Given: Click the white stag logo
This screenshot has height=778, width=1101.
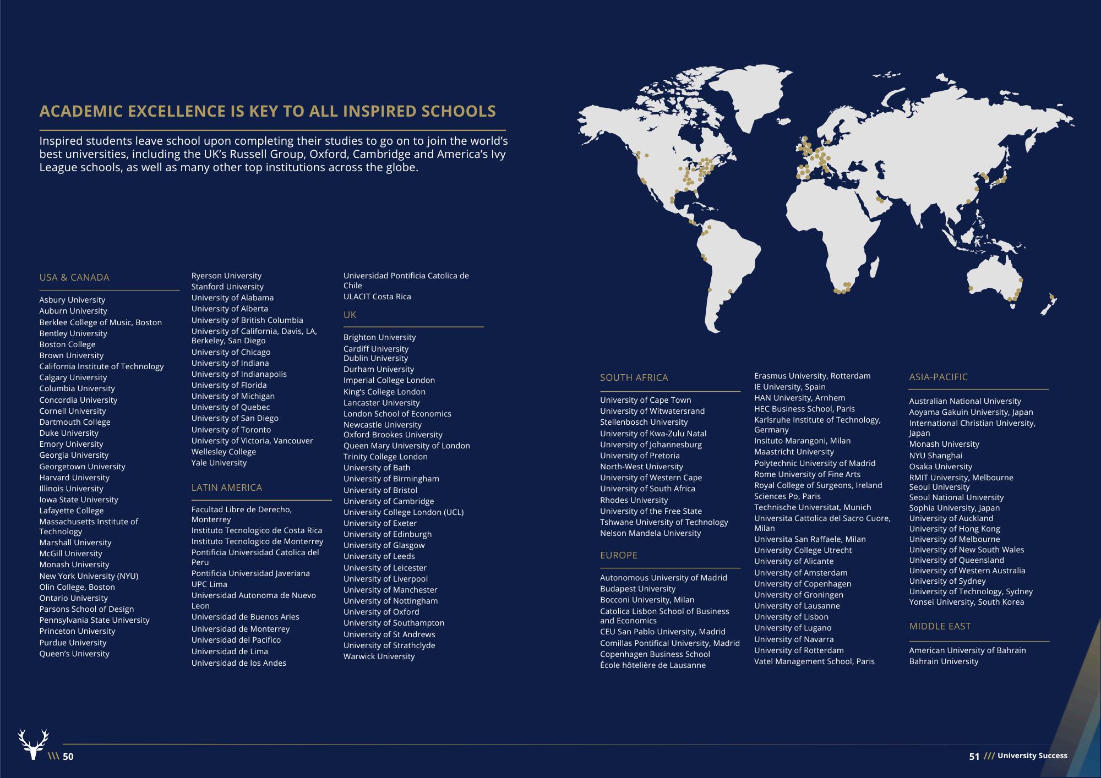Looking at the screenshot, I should pyautogui.click(x=33, y=744).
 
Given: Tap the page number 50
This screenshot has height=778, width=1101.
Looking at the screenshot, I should pyautogui.click(x=68, y=757).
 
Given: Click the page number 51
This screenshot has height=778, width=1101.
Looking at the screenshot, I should pyautogui.click(x=974, y=757).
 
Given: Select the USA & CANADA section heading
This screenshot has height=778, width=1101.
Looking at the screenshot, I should pyautogui.click(x=74, y=277).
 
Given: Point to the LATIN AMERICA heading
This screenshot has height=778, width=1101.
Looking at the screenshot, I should pyautogui.click(x=226, y=487).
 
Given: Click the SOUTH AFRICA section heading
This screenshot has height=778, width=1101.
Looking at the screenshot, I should pyautogui.click(x=634, y=377).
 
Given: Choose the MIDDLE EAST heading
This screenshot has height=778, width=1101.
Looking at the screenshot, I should pyautogui.click(x=939, y=626).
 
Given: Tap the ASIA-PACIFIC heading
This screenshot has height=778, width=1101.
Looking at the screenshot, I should pyautogui.click(x=938, y=377).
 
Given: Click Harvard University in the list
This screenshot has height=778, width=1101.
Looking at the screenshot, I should pyautogui.click(x=74, y=478).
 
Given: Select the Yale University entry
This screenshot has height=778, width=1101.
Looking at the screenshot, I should pyautogui.click(x=219, y=463).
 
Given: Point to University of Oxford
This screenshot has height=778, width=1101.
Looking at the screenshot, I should pyautogui.click(x=381, y=612).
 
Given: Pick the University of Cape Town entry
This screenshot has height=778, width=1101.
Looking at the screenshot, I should pyautogui.click(x=645, y=400).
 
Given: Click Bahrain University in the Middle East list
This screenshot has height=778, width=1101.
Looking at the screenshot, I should pyautogui.click(x=944, y=661).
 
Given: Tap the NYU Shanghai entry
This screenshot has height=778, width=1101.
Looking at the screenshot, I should pyautogui.click(x=935, y=456).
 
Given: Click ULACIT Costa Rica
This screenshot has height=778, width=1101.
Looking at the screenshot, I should pyautogui.click(x=377, y=297).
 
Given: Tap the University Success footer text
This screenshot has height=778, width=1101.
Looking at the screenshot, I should pyautogui.click(x=1032, y=756).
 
